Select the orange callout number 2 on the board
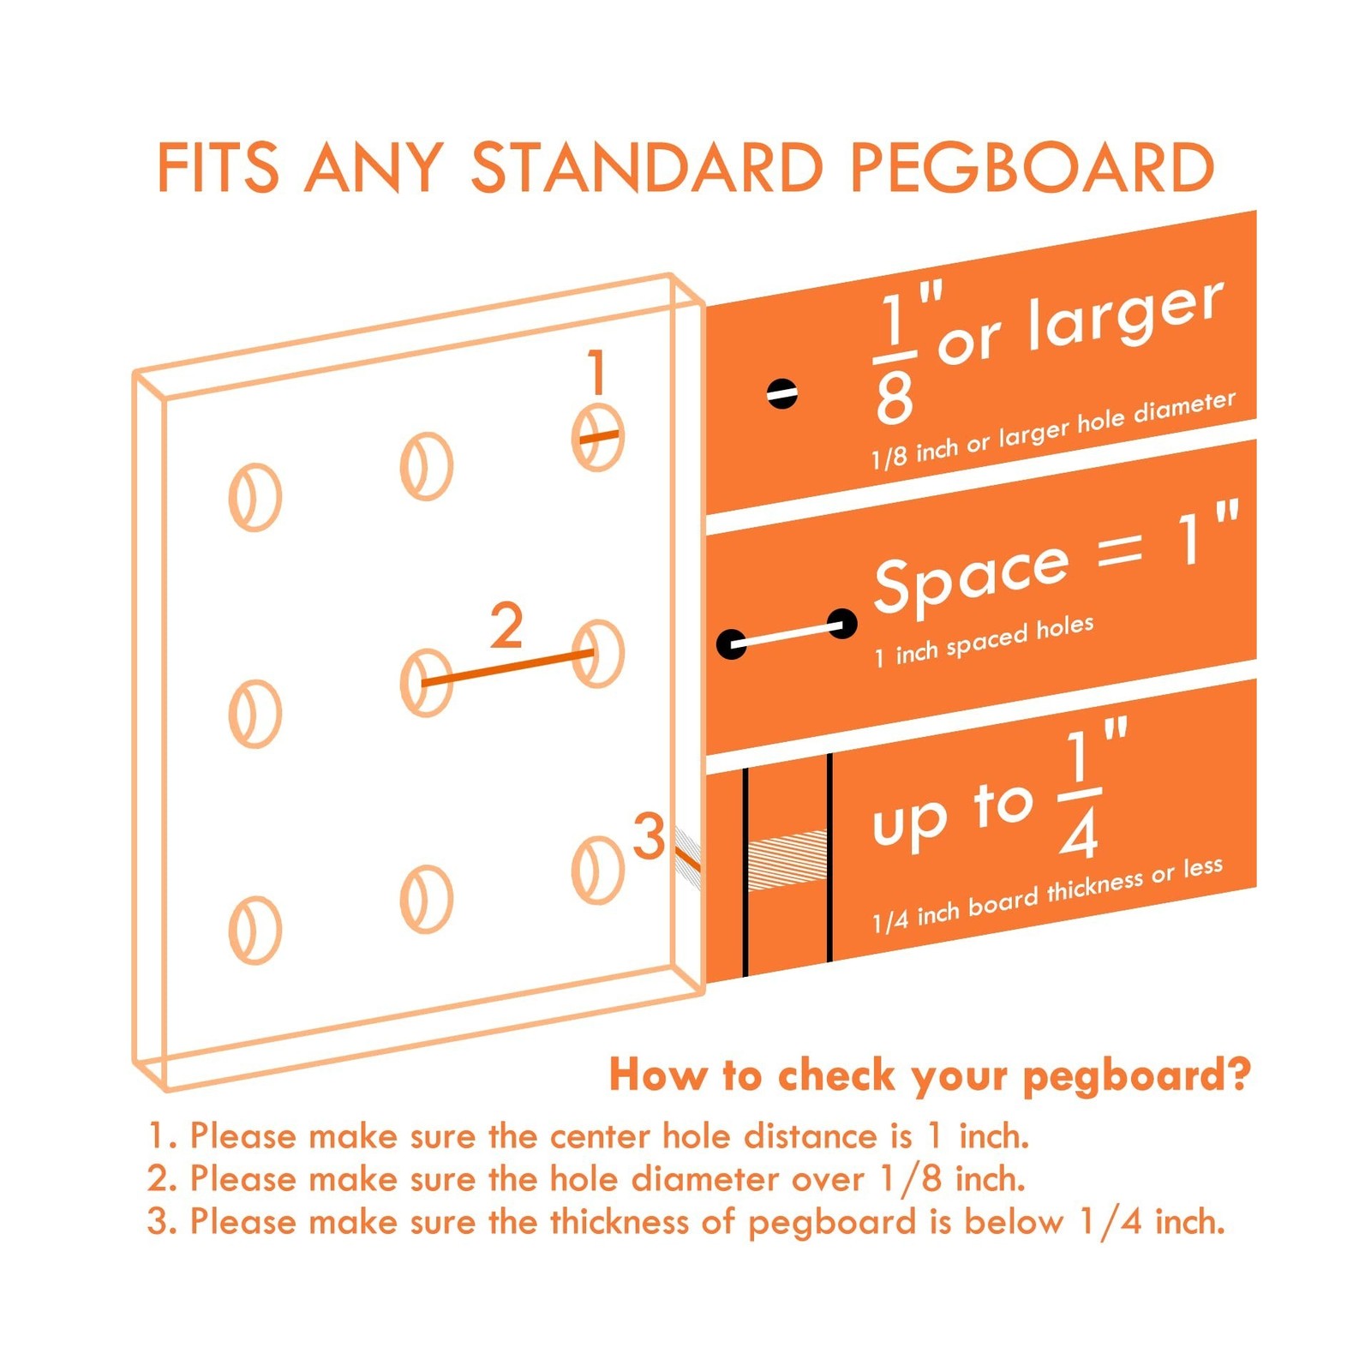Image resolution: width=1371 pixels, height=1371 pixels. point(506,626)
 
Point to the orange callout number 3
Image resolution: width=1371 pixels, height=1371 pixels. point(649,835)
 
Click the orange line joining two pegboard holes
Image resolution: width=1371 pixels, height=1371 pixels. point(508,668)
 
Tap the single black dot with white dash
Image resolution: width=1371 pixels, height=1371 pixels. point(781,393)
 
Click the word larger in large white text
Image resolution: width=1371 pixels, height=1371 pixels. point(1125,314)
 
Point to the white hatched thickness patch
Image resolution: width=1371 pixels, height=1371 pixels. point(787,860)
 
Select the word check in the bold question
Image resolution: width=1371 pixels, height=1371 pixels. point(835,1075)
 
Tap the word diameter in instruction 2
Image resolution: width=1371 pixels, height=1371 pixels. point(705,1179)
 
